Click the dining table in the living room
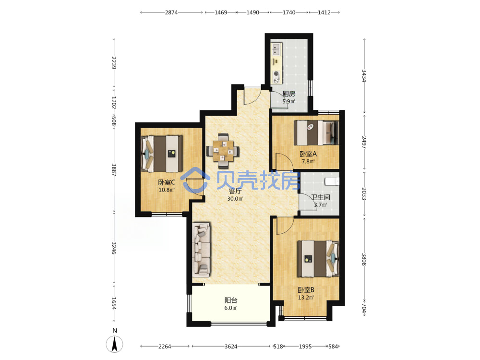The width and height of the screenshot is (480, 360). click(223, 151)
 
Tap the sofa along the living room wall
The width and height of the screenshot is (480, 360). click(201, 250)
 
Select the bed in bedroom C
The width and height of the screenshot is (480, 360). click(162, 154)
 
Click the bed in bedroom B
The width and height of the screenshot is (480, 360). click(318, 258)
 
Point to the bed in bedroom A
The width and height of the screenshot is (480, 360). click(316, 133)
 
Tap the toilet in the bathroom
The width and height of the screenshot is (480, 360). click(332, 181)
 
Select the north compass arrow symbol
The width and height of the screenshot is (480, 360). click(115, 344)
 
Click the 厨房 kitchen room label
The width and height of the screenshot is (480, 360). click(288, 94)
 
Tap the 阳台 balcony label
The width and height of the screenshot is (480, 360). click(231, 300)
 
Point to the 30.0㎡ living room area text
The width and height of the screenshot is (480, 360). click(235, 199)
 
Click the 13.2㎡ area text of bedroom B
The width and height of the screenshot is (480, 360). click(306, 297)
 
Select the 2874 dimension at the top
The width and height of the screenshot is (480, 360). click(171, 12)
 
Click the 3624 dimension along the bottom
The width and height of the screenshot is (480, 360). click(231, 347)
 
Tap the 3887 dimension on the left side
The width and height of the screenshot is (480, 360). click(114, 170)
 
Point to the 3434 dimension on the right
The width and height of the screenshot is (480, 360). click(364, 76)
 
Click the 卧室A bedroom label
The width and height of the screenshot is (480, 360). click(308, 154)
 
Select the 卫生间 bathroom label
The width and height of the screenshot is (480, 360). click(321, 197)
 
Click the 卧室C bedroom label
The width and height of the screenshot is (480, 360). click(167, 182)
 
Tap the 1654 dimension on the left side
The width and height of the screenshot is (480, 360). click(114, 303)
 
